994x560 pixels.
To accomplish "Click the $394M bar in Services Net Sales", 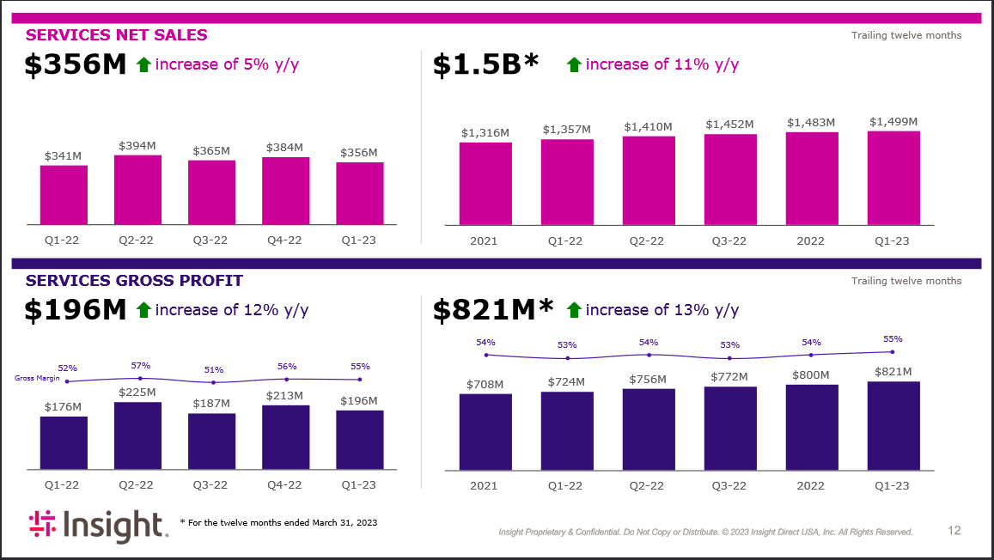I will click(x=137, y=190).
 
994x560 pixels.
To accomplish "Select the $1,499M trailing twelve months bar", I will click(x=893, y=178).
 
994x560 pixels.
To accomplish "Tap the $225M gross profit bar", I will click(x=137, y=435).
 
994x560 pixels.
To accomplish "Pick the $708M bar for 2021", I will click(x=485, y=431).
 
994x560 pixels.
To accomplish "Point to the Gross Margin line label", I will click(x=37, y=378).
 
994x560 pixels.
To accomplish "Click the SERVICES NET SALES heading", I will click(x=117, y=35).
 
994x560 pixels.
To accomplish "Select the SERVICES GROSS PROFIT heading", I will click(x=134, y=281).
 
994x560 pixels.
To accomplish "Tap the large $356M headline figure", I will click(x=76, y=65).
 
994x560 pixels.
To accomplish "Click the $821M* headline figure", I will click(x=493, y=311).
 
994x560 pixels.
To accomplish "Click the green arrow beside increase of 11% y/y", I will click(x=574, y=64).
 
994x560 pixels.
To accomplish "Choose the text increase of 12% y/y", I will click(x=232, y=310).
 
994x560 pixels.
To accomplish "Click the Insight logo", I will click(x=95, y=525).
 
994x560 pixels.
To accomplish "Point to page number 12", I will click(x=954, y=531).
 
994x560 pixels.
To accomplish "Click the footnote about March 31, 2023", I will click(x=278, y=522).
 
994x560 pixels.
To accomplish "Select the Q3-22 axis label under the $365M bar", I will click(x=210, y=240).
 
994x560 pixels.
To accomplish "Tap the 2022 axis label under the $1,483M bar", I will click(x=811, y=240).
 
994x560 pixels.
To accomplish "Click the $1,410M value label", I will click(x=648, y=127).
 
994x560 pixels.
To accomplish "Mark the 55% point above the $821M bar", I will click(x=892, y=351).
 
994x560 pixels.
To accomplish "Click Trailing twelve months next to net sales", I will click(x=906, y=35).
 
